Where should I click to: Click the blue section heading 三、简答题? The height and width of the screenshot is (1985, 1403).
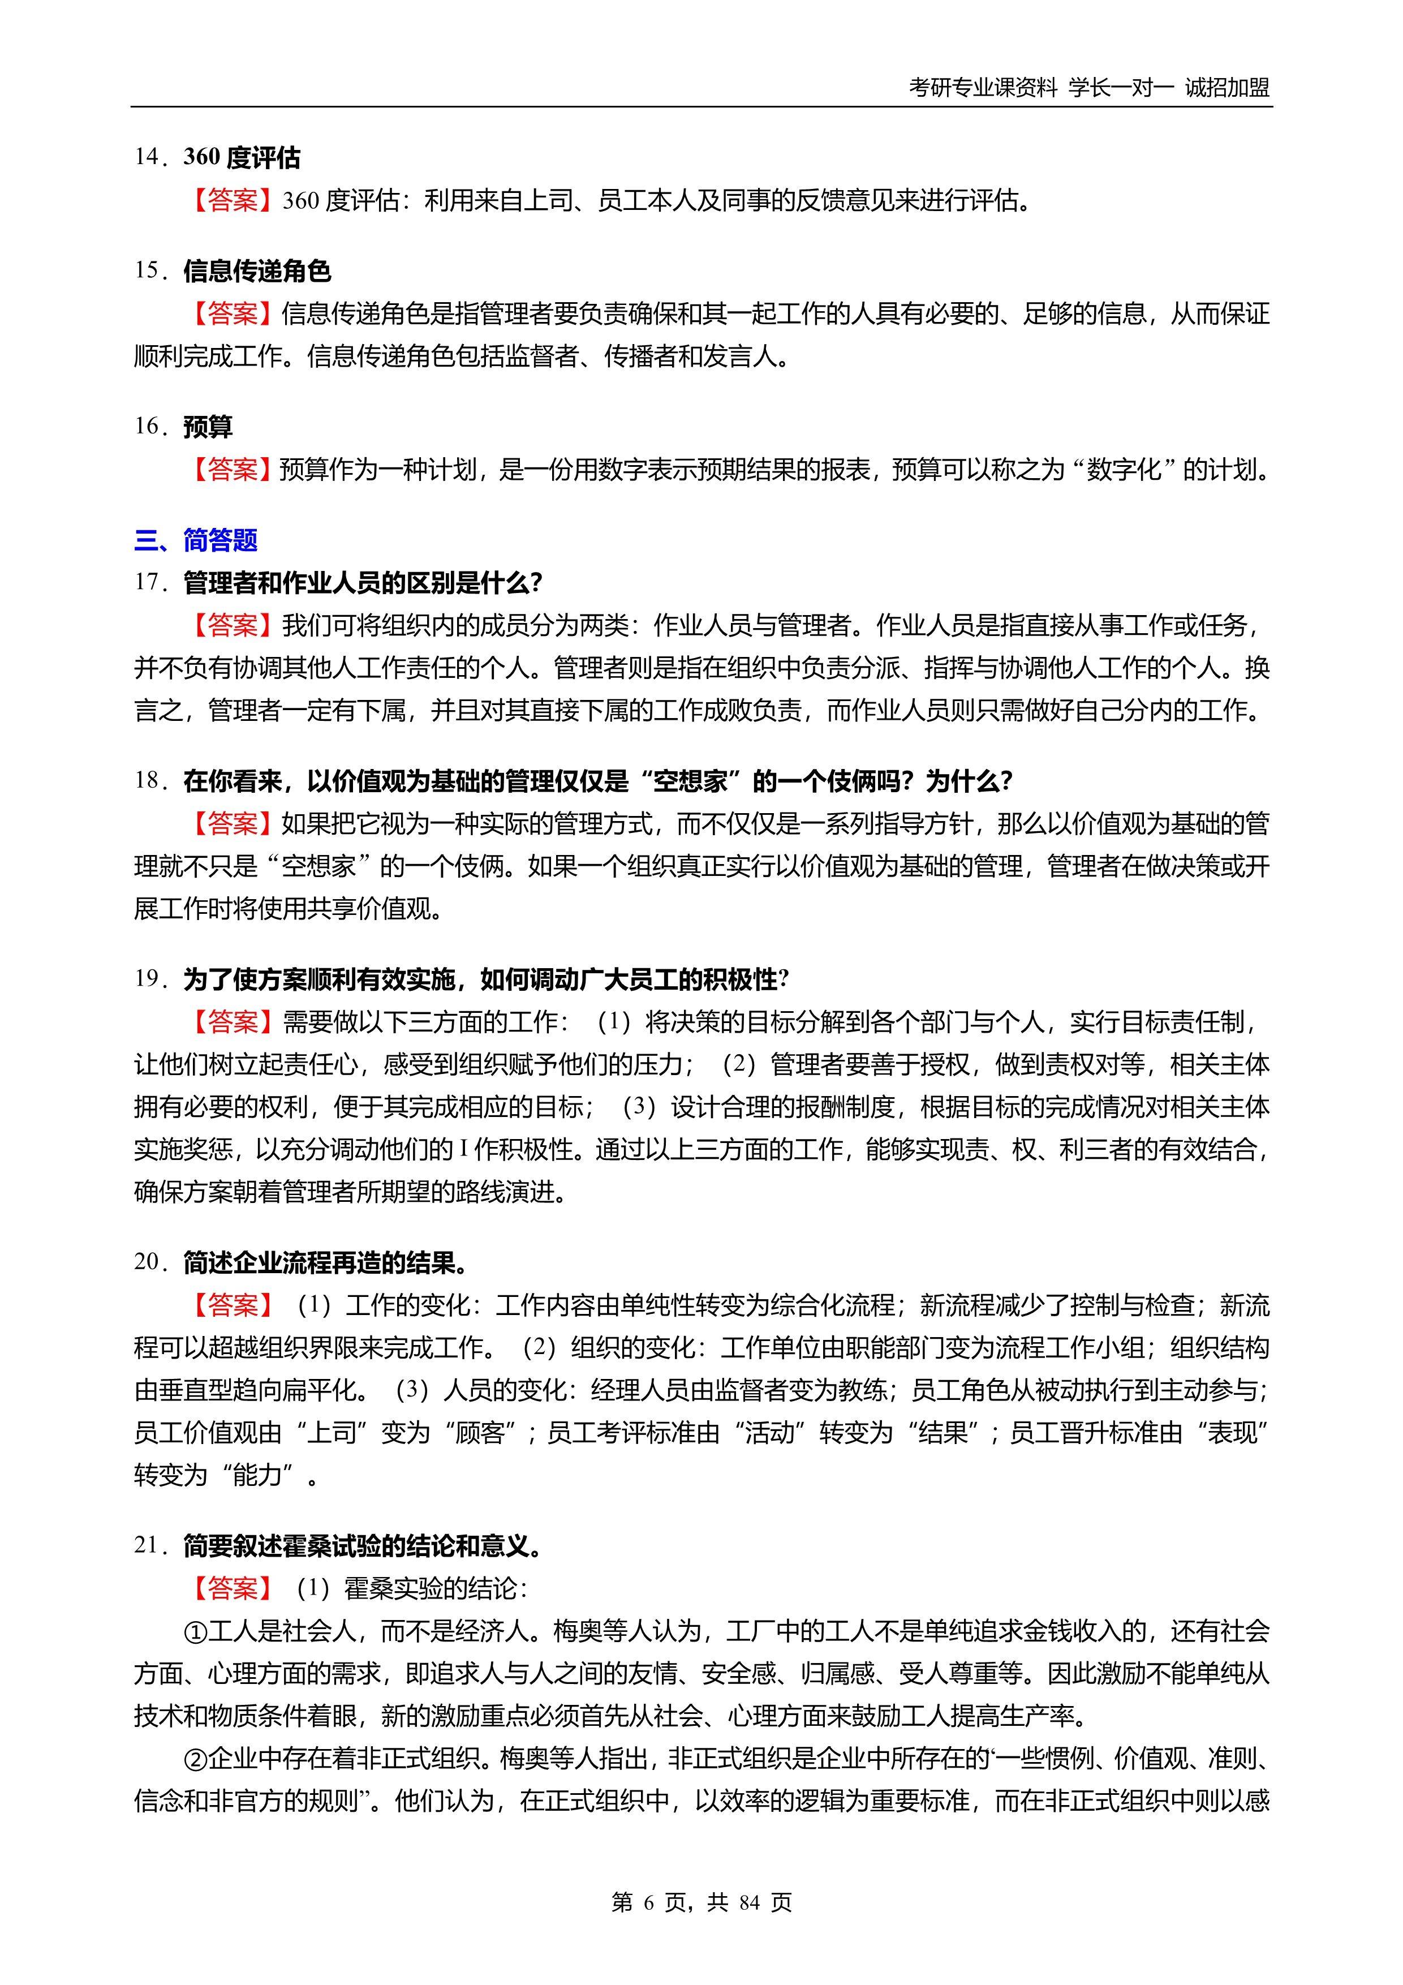pos(196,540)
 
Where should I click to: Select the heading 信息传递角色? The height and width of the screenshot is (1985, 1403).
pos(257,270)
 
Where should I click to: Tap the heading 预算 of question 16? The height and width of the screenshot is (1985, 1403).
pos(208,426)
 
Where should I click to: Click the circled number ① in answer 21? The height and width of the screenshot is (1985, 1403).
pos(195,1631)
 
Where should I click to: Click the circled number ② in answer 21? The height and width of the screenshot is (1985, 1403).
pos(195,1759)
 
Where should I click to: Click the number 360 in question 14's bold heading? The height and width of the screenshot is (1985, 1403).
pos(203,157)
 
